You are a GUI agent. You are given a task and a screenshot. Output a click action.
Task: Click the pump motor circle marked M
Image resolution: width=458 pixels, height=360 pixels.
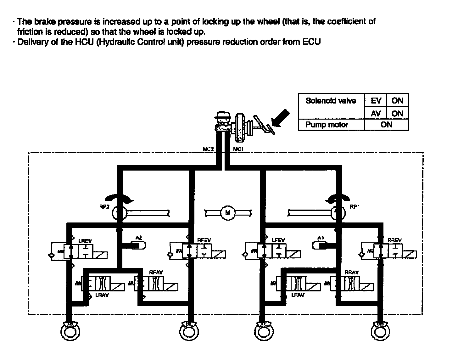[x=228, y=213]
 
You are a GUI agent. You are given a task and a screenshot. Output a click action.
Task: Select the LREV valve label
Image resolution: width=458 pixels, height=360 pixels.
[x=85, y=241]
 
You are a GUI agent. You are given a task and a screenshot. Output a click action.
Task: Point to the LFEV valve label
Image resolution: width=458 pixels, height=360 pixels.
[x=278, y=240]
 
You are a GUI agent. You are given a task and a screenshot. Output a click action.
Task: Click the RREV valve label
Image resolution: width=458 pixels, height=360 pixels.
[x=394, y=240]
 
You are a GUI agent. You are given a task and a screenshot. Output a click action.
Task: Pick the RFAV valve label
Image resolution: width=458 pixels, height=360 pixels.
[x=156, y=272]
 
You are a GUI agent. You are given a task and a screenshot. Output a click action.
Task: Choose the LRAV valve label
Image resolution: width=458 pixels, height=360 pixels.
[x=102, y=295]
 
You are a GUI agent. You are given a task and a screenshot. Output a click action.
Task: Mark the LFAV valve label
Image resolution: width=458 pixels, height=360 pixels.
[x=298, y=295]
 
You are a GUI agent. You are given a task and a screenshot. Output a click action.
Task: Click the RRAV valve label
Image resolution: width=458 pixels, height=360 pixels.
[x=351, y=272]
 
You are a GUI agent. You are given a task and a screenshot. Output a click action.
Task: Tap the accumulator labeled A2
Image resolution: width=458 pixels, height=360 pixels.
[x=138, y=245]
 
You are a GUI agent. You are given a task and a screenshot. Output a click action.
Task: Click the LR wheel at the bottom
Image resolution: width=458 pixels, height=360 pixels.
[x=70, y=330]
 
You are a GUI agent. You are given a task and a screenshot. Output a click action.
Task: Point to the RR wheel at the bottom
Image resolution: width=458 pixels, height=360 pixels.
[x=380, y=330]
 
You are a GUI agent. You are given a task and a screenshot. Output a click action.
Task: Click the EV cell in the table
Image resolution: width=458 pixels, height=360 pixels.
[x=376, y=101]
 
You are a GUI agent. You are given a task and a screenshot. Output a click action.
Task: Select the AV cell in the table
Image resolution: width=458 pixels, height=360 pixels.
[x=376, y=113]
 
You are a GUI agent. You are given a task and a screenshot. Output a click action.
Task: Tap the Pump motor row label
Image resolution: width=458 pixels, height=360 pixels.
[x=327, y=125]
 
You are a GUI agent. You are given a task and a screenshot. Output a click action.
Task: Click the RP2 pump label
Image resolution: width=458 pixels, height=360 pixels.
[x=104, y=207]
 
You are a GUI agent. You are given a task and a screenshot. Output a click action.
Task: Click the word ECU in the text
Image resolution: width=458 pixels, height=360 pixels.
[x=311, y=42]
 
